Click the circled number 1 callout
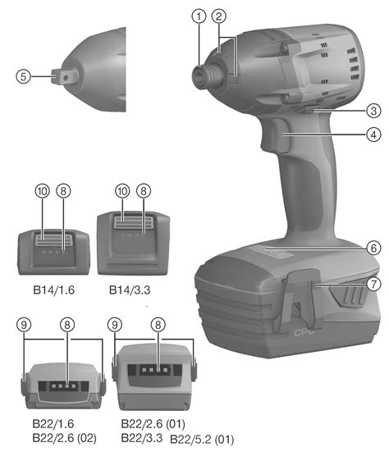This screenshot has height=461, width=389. tap(199, 16)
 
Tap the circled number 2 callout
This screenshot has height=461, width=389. tap(219, 16)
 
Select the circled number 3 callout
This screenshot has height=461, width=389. tap(373, 111)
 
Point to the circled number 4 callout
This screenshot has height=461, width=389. tap(373, 135)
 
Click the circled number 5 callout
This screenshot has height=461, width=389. tap(23, 76)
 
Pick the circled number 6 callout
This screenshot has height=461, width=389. tap(373, 248)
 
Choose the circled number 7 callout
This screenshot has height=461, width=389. tap(373, 284)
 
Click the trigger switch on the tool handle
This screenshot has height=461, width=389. tap(274, 135)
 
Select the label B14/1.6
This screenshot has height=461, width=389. tap(54, 290)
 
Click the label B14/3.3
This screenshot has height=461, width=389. tap(130, 290)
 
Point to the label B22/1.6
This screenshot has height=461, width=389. tap(53, 423)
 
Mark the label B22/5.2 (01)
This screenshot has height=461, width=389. tap(202, 440)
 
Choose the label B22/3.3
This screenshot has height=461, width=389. tap(142, 438)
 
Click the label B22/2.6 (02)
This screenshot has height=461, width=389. tap(65, 438)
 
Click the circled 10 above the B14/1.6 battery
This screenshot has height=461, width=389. tap(43, 191)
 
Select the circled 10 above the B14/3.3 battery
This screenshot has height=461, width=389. tap(122, 191)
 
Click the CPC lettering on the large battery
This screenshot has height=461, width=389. tap(304, 332)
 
